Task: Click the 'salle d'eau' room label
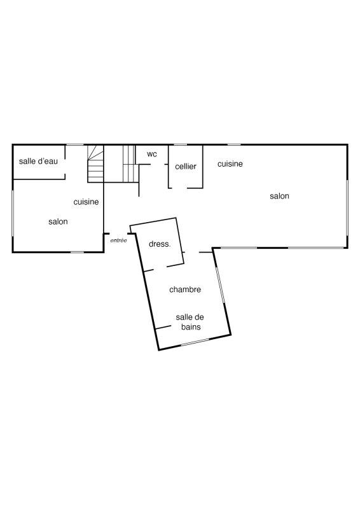(38, 161)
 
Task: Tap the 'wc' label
(152, 154)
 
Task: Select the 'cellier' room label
(186, 167)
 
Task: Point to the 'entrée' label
(118, 241)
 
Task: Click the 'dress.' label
(160, 244)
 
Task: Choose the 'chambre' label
(185, 289)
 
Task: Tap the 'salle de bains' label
(190, 322)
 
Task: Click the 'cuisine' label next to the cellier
(230, 164)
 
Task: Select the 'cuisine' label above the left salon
(86, 202)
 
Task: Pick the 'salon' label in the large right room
(279, 196)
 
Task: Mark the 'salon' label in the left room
(58, 221)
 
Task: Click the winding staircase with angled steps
(95, 164)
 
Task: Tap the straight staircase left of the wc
(129, 164)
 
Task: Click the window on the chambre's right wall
(220, 285)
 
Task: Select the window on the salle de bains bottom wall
(195, 342)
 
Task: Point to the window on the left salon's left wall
(13, 213)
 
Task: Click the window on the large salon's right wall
(347, 208)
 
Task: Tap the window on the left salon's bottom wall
(77, 252)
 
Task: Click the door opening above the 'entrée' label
(118, 234)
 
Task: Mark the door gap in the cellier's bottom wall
(179, 188)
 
